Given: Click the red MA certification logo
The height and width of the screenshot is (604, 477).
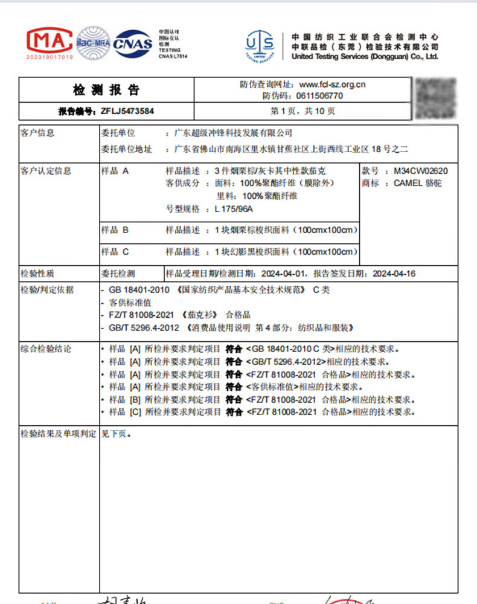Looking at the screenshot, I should click(50, 42).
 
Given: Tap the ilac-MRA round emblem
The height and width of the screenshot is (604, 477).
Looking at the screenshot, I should click(94, 42).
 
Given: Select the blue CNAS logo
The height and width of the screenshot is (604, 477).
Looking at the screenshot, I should click(133, 43).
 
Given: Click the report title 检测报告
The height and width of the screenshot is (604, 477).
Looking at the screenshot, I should click(106, 90).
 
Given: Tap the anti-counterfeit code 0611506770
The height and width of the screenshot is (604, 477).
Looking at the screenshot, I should click(319, 95).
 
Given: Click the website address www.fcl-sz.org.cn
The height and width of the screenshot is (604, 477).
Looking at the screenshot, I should click(332, 85).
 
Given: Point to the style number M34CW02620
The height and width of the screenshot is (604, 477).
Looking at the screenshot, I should click(424, 171).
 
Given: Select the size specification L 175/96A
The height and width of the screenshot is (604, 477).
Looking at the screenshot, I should click(234, 209).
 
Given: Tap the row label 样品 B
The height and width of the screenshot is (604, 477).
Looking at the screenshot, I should click(115, 230).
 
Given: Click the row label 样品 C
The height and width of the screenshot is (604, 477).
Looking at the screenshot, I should click(115, 251).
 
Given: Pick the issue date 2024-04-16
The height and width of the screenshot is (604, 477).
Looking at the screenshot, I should click(394, 274).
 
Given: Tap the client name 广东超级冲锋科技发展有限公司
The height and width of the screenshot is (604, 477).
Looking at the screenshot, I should click(232, 133).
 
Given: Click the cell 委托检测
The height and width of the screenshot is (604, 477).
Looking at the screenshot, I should click(119, 274).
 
